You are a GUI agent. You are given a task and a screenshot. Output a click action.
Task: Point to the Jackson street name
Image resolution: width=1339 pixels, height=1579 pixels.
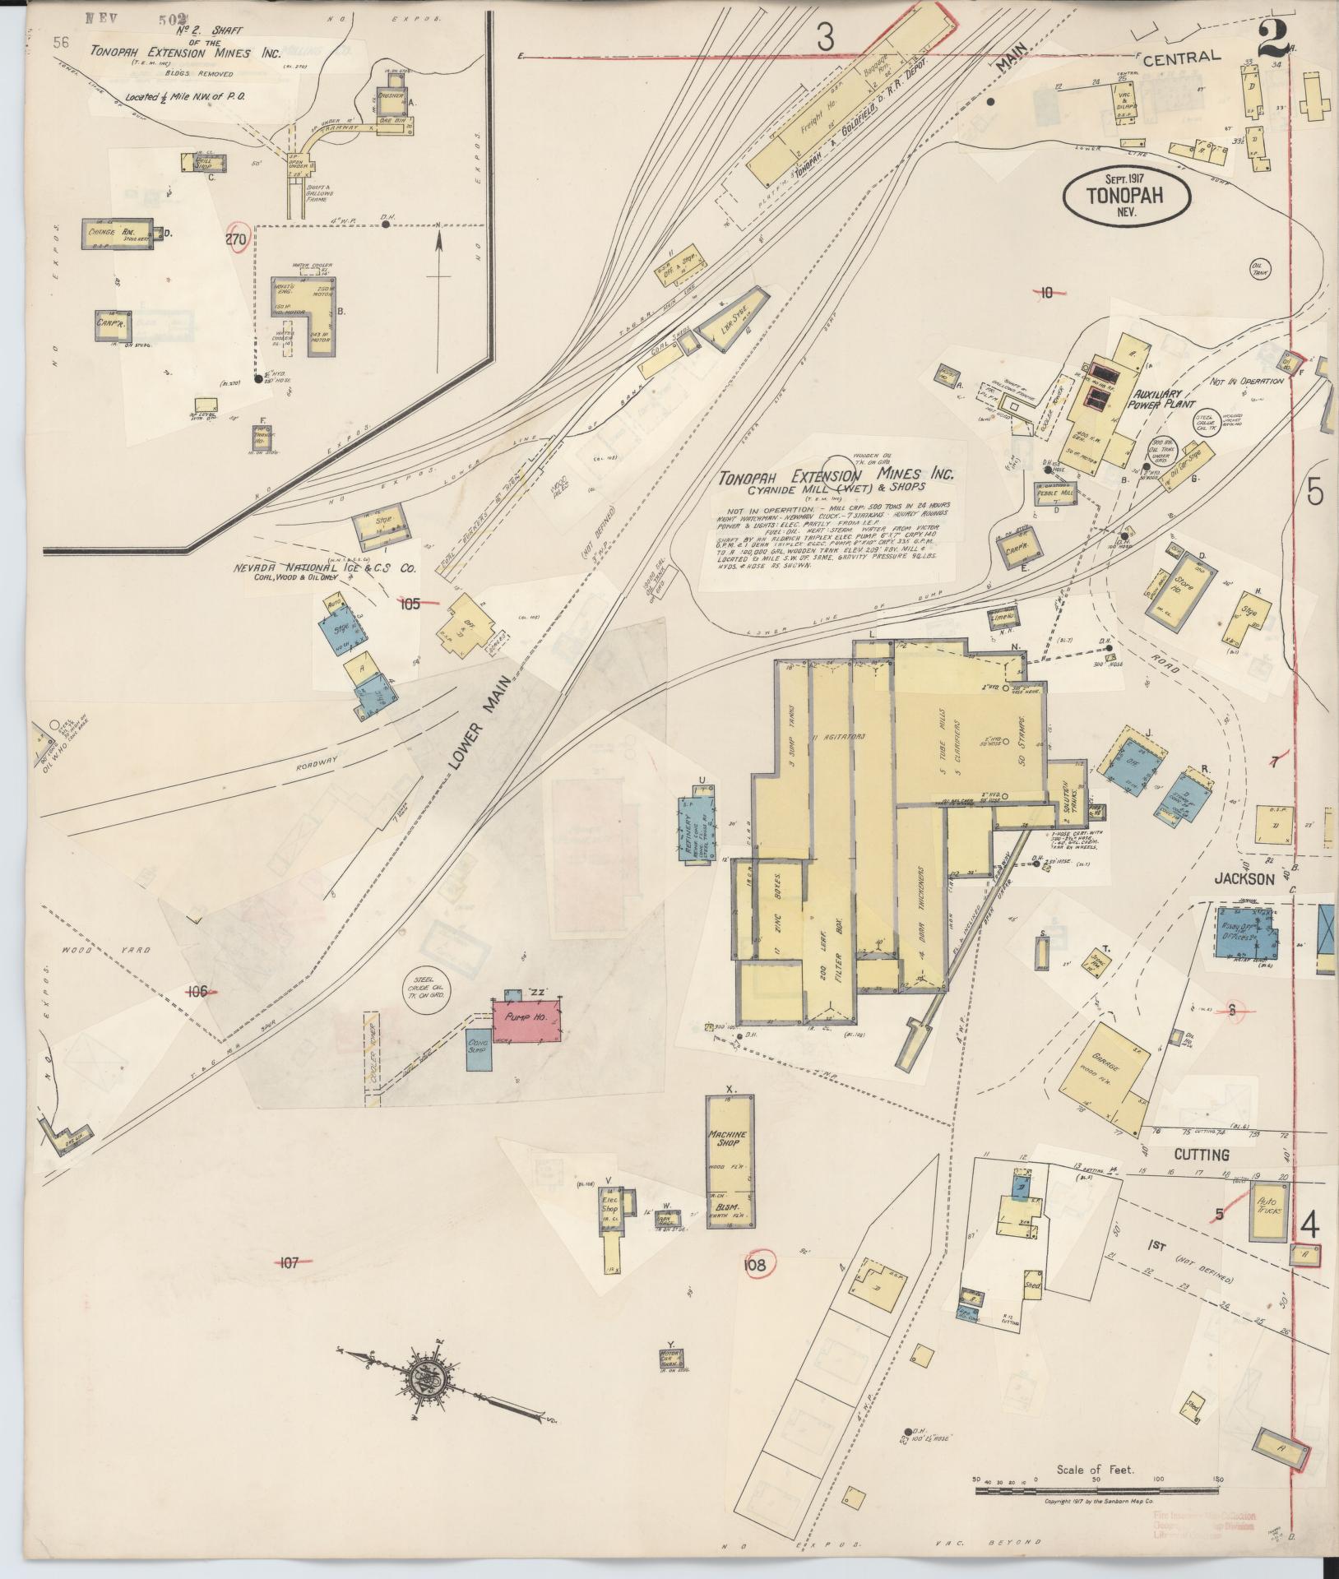(1244, 878)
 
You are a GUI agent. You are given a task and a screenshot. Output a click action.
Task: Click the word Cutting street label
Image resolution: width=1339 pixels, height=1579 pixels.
(1202, 1154)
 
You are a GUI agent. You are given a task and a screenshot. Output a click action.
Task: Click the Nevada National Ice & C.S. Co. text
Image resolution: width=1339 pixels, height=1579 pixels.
(324, 569)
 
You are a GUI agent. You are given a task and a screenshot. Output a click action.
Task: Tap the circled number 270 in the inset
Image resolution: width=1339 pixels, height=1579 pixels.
(236, 239)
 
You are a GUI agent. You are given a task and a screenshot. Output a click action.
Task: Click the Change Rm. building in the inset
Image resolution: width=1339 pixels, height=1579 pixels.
(118, 233)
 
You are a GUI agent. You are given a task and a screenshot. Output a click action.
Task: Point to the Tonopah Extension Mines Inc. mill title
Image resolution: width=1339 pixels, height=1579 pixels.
(836, 476)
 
